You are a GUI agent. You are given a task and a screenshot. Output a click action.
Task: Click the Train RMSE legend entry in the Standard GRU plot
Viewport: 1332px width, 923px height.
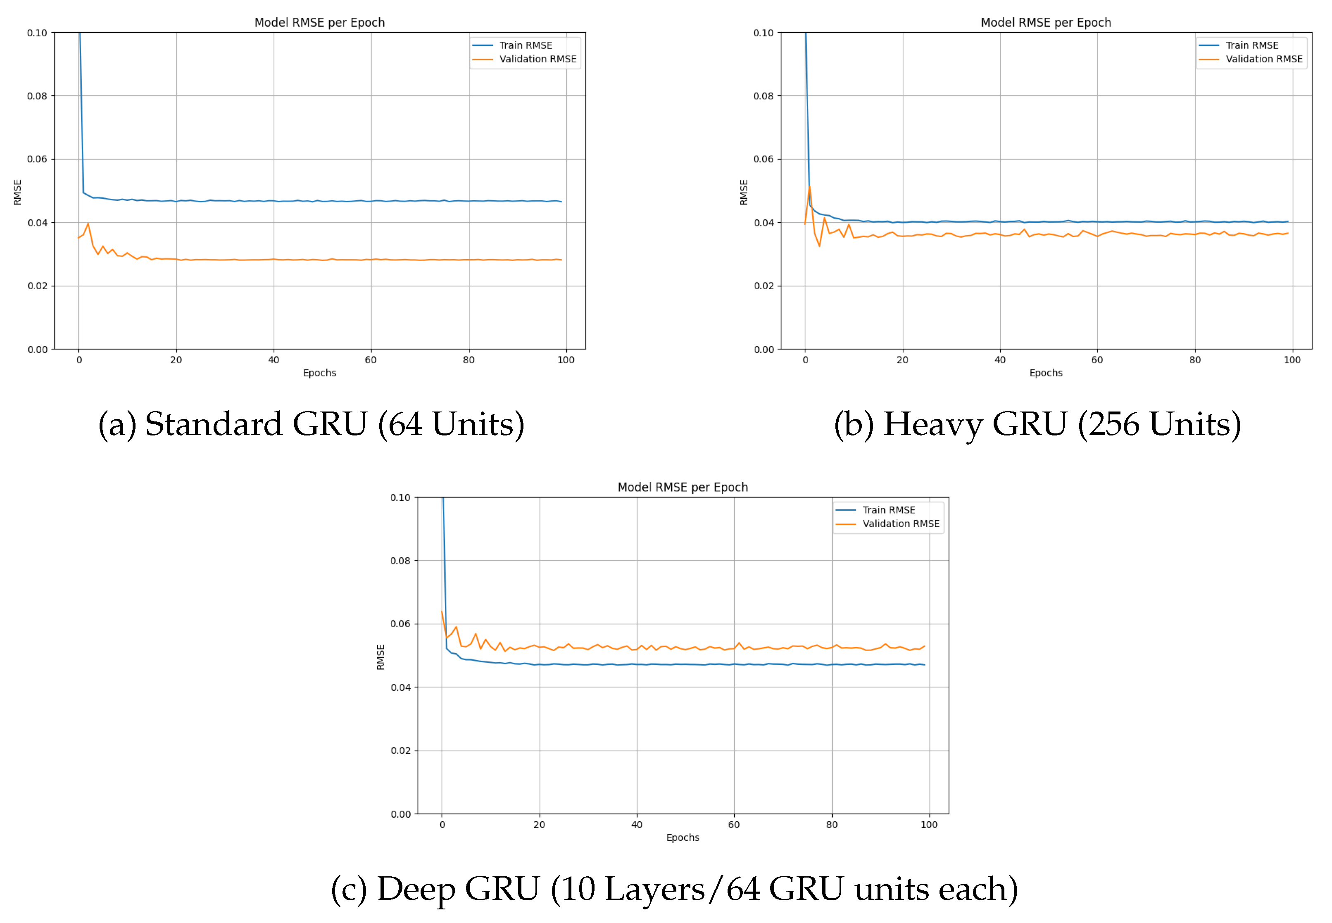click(525, 45)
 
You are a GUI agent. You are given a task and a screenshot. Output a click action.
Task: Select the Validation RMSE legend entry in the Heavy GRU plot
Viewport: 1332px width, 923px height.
click(1264, 59)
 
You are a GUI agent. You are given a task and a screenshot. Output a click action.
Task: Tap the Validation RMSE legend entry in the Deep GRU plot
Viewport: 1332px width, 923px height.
click(901, 524)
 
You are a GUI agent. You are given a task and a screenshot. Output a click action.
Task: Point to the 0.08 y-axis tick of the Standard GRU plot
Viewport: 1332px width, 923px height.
click(37, 96)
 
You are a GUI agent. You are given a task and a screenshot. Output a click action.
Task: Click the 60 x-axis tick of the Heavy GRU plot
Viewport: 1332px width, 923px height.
click(1097, 360)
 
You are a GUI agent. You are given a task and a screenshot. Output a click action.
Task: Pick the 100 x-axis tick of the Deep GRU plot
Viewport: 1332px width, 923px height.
click(928, 825)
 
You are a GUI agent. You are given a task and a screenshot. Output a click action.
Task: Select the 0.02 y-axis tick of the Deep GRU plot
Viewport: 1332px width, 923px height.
click(400, 751)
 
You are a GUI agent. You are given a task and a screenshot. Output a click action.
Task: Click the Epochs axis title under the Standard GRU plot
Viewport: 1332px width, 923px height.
click(319, 373)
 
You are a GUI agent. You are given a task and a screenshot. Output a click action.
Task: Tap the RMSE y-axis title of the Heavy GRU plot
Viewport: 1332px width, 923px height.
click(744, 192)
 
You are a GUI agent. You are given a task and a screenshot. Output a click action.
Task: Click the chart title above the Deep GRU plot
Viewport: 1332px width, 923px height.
click(683, 488)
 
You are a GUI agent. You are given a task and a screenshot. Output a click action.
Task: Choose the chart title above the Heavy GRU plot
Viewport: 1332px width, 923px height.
click(1046, 23)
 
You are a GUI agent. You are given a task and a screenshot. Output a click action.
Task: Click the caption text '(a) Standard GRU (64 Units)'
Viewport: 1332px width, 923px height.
click(311, 424)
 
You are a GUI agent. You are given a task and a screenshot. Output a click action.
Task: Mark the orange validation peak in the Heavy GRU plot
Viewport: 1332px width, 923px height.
click(809, 186)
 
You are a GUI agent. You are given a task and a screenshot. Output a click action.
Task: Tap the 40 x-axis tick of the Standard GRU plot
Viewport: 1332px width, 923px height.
click(274, 360)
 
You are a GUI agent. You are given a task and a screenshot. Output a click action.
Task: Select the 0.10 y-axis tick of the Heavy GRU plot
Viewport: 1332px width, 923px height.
click(763, 33)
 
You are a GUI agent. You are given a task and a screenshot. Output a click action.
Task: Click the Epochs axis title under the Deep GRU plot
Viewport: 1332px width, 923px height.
click(683, 838)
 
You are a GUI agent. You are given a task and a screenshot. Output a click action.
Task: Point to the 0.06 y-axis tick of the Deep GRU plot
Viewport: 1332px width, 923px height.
click(400, 624)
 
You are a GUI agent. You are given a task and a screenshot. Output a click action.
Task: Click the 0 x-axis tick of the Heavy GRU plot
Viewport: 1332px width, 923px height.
click(805, 360)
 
